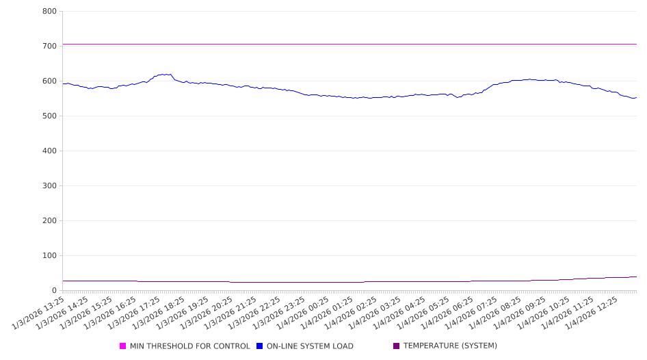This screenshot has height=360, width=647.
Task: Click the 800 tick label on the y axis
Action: (49, 12)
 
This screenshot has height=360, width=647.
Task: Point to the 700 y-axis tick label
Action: (49, 47)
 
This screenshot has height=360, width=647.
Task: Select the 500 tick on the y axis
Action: (49, 116)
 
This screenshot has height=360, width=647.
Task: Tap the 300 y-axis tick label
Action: (49, 186)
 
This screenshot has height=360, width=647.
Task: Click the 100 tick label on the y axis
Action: (49, 256)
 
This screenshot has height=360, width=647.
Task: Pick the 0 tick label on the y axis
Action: (53, 291)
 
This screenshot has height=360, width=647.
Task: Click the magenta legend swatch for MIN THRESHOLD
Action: (123, 346)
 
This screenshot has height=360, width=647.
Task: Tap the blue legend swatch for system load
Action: (260, 346)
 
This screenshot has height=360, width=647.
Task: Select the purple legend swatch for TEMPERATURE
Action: (397, 346)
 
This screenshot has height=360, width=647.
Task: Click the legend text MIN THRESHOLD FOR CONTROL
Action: (189, 346)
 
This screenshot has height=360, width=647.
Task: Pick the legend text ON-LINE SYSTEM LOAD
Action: (310, 346)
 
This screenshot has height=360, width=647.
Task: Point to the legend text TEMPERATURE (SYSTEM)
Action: (450, 346)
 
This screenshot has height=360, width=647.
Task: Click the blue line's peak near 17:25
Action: (164, 74)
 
